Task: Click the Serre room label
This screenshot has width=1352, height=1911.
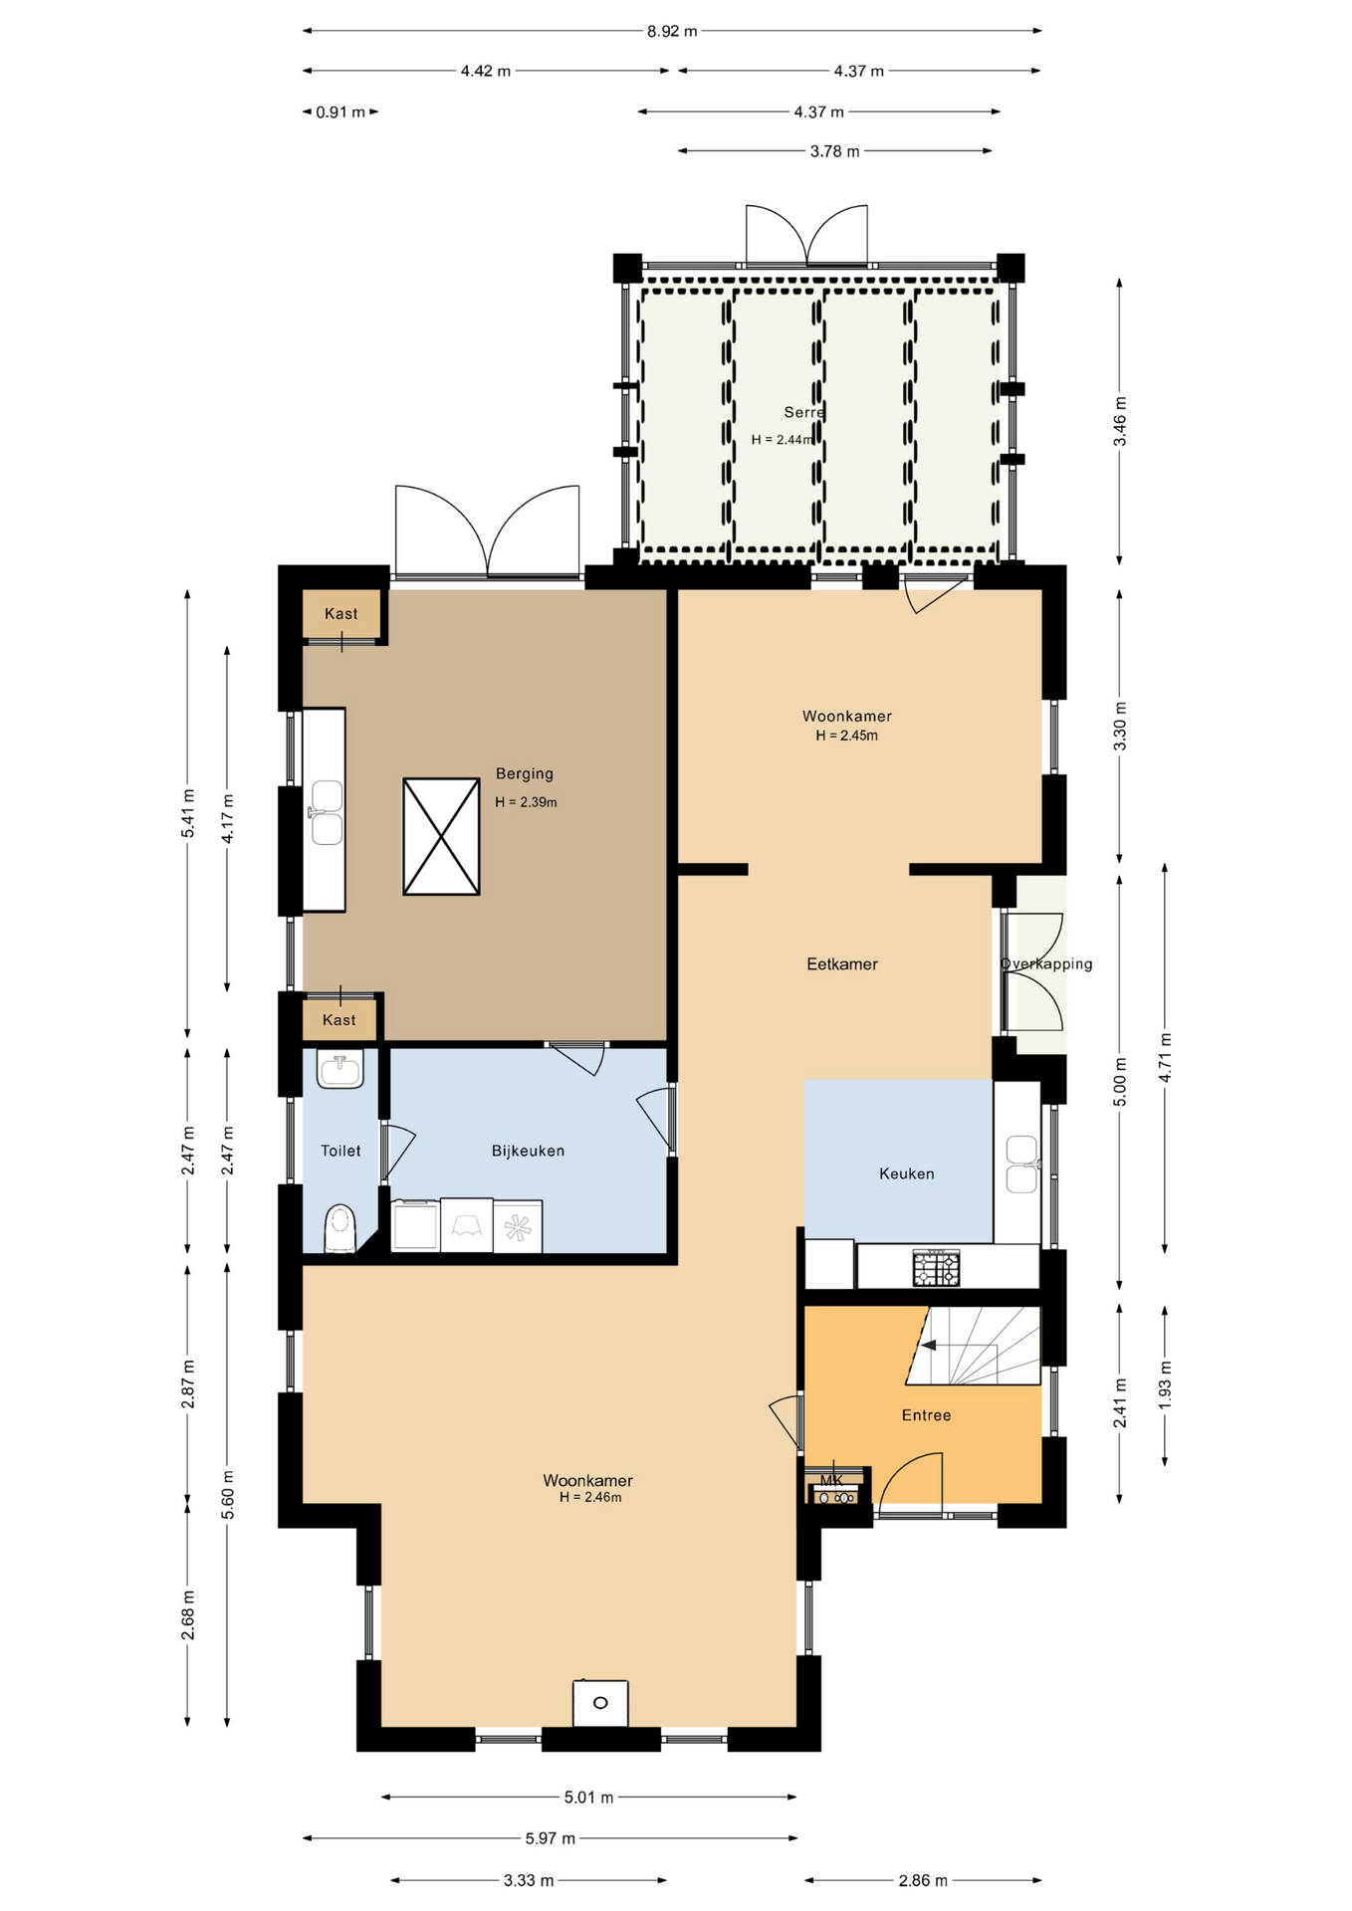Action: tap(804, 412)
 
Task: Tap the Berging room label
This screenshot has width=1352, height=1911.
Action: tap(525, 773)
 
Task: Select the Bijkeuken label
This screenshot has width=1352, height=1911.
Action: tap(528, 1151)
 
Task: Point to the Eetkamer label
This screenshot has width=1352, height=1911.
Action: tap(842, 963)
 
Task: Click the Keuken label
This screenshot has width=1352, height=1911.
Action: tap(907, 1173)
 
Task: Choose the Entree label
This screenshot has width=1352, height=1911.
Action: tap(926, 1415)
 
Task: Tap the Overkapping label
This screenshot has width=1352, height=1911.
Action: tap(1046, 963)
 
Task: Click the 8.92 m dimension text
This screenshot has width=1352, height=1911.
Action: tap(672, 31)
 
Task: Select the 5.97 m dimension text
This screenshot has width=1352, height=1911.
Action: tap(551, 1838)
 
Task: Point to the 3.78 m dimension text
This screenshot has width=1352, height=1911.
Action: tap(834, 151)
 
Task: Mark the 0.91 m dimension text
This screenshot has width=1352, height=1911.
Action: tap(340, 112)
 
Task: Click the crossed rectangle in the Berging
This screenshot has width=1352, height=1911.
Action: tap(441, 836)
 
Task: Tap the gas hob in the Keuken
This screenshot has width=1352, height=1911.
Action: tap(937, 1268)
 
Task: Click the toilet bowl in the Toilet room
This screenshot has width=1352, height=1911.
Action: tap(340, 1228)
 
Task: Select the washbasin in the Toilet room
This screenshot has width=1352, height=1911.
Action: tap(340, 1069)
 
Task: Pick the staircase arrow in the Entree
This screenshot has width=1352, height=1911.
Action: tap(928, 1346)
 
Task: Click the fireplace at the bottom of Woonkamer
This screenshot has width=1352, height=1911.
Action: tap(600, 1703)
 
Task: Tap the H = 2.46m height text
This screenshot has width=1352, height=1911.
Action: tap(590, 1497)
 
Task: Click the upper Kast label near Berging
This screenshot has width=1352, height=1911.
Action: tap(340, 614)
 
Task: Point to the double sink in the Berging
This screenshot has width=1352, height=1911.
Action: tap(327, 812)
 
